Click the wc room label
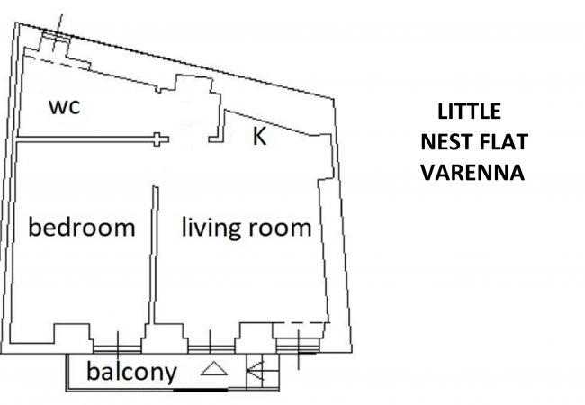tap(64, 107)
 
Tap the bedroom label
tap(82, 227)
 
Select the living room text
tap(247, 228)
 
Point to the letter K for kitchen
tap(259, 136)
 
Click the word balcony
tap(131, 373)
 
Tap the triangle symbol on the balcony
tap(214, 368)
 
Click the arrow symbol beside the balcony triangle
tap(255, 370)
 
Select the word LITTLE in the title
tap(469, 112)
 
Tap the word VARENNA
tap(472, 173)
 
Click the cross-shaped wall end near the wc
tap(160, 139)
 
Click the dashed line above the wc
tap(58, 63)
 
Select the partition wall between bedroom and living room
tap(154, 255)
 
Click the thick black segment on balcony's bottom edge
tap(201, 390)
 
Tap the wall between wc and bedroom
tap(85, 139)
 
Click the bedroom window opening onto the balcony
tap(117, 349)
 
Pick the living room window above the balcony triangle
tap(211, 349)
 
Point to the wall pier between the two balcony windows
tap(165, 338)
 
